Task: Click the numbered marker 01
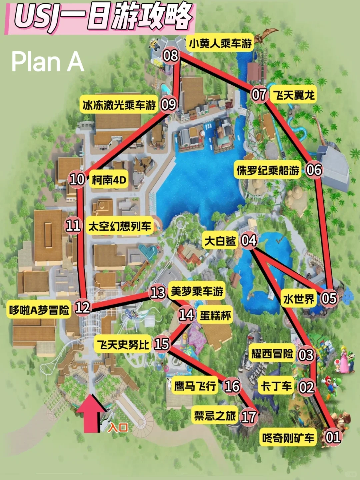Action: click(x=333, y=437)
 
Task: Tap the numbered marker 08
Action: click(x=170, y=55)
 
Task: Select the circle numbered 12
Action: click(x=82, y=307)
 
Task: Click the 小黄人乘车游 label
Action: click(x=220, y=43)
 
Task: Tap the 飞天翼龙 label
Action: click(x=294, y=95)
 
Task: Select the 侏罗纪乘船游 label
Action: click(x=268, y=170)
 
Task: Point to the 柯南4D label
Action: click(x=109, y=180)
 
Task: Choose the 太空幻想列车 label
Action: click(x=120, y=227)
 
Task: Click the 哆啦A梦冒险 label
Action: click(x=39, y=310)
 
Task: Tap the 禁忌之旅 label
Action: click(x=215, y=416)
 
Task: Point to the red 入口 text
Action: click(x=118, y=427)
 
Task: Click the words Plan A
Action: click(x=47, y=62)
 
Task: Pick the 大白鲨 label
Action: click(x=220, y=241)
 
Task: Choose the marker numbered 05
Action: click(x=329, y=298)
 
